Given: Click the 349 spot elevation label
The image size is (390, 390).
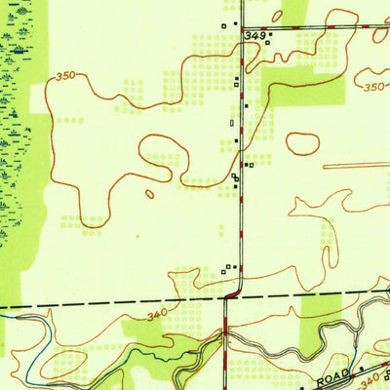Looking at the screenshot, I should pos(255,35).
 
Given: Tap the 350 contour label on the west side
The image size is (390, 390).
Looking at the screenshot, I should pos(65,75).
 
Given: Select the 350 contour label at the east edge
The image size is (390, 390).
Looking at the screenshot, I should pos(372,87).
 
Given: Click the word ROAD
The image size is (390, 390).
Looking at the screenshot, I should pos(332,376).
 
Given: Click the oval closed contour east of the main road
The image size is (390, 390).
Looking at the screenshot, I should pos(302,143).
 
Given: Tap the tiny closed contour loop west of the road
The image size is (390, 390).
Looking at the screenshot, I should pos(149,194).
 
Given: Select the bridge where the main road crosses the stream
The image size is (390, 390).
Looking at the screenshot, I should pos(225,331).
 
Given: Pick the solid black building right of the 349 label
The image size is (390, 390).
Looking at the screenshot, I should pos(270,35).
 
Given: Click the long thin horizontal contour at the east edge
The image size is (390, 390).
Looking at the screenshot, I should pos(356,166).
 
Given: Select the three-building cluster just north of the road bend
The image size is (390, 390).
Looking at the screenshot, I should pos(228,267).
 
